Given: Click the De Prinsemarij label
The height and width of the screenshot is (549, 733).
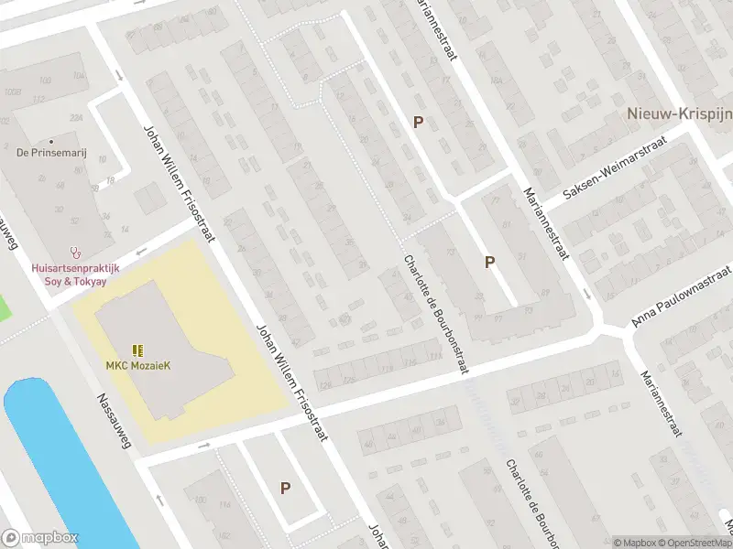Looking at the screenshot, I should click(51, 154).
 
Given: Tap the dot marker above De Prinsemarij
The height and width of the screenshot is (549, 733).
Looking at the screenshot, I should click(51, 141).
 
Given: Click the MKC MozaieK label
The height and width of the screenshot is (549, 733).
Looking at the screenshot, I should click(137, 366).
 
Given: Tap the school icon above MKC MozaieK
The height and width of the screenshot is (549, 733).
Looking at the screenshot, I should click(137, 350).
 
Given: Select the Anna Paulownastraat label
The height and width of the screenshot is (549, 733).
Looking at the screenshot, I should click(682, 297).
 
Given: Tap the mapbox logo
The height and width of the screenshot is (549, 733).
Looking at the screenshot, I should click(39, 538).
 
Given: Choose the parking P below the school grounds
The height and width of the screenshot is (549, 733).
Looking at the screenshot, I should click(286, 489).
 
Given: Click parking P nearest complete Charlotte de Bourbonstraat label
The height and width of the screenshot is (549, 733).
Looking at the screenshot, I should click(490, 263).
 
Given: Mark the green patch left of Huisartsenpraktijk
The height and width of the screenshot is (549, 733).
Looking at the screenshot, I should click(5, 307).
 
